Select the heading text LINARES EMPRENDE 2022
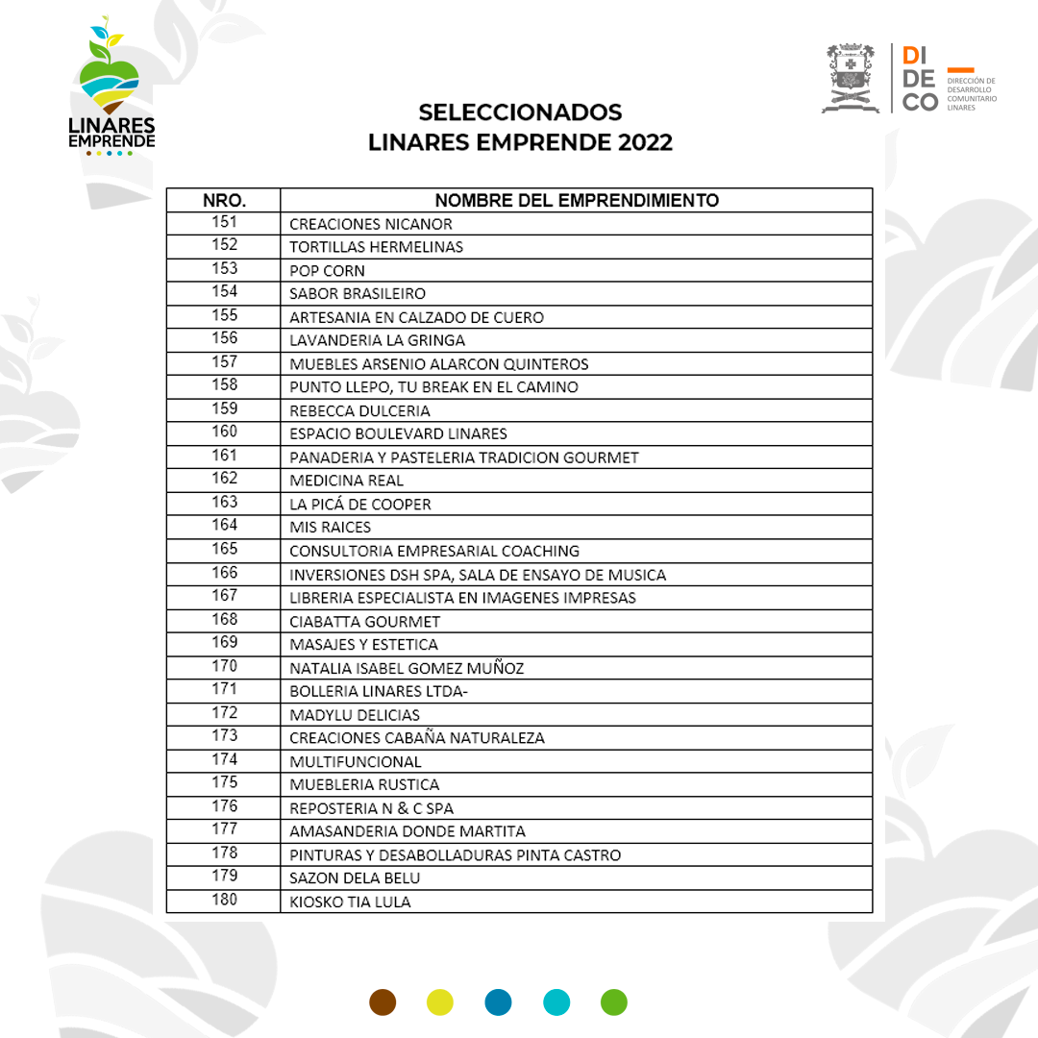point(520,142)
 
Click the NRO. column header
point(224,200)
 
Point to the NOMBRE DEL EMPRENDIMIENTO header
point(577,200)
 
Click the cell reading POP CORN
point(328,270)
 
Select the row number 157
point(224,362)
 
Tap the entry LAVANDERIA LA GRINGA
point(377,340)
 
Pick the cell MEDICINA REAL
point(347,481)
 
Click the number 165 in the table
point(224,549)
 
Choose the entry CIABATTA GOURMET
point(365,621)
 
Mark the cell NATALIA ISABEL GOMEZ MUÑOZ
point(407,668)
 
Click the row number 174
point(224,759)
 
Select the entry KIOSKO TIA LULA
point(350,902)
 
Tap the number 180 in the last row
point(224,900)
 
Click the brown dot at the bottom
point(383,1002)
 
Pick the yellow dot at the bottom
point(440,1002)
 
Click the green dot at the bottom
point(613,1002)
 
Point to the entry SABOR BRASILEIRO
point(358,293)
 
